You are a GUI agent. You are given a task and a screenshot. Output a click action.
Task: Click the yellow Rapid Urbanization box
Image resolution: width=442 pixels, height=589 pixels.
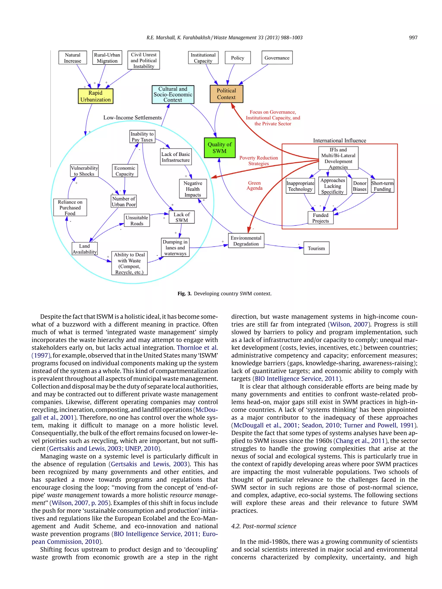95,96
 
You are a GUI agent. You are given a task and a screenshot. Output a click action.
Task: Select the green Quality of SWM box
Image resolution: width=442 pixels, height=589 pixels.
219,148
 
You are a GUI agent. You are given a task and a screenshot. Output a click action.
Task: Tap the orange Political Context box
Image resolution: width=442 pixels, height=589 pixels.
226,94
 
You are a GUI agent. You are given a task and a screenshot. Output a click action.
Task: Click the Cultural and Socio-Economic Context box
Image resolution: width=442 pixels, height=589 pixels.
173,94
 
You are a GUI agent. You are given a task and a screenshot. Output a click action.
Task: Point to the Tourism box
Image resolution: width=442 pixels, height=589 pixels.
316,248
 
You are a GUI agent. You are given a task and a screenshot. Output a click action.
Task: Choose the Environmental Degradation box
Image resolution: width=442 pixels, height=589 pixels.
246,241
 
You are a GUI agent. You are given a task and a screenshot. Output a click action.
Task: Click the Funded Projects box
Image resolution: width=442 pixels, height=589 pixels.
320,218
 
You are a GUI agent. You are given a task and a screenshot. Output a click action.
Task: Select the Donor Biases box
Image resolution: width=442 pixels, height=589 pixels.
360,186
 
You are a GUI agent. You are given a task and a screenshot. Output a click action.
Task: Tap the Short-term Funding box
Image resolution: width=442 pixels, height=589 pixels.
382,186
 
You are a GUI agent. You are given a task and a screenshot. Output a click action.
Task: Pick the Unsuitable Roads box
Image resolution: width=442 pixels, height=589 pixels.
137,220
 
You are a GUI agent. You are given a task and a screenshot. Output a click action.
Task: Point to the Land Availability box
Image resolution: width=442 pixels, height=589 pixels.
84,249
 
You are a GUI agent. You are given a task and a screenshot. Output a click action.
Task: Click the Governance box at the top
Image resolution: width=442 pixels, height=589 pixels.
277,58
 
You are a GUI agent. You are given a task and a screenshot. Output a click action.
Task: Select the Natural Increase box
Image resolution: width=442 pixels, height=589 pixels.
73,58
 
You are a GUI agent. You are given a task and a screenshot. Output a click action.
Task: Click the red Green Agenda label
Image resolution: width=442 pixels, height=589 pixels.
254,186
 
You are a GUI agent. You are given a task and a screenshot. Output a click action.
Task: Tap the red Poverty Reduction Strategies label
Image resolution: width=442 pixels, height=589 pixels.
258,160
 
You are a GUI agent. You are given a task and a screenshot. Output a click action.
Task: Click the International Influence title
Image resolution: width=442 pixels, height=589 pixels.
339,140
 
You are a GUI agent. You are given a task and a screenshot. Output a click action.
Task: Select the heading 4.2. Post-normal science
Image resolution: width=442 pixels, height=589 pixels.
264,526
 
